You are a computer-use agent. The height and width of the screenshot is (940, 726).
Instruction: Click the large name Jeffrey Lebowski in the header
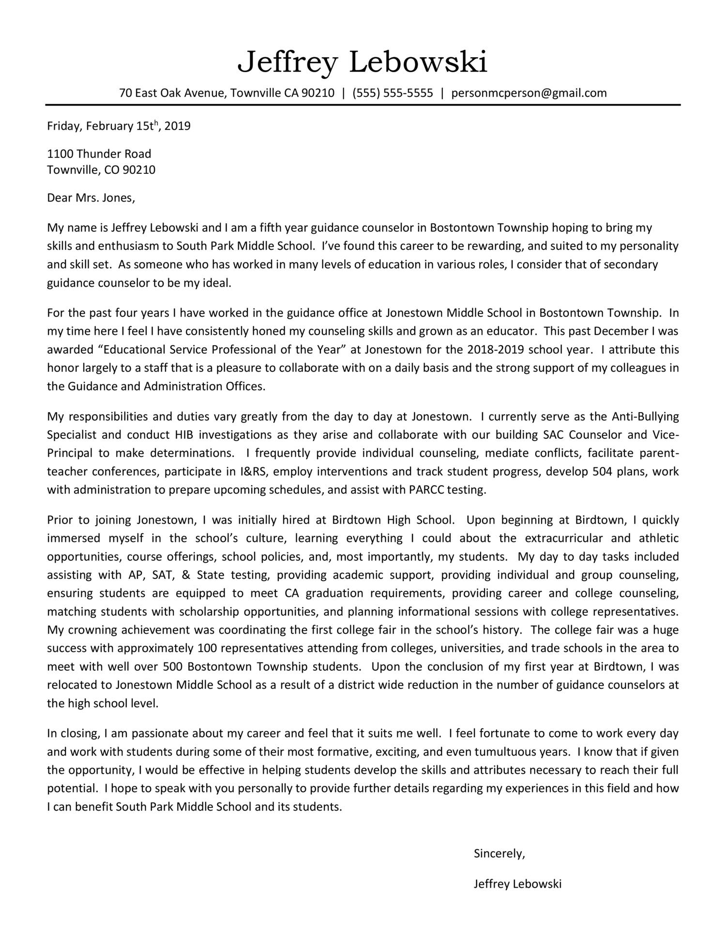[363, 62]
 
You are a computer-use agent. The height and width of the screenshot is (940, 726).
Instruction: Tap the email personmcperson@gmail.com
[529, 93]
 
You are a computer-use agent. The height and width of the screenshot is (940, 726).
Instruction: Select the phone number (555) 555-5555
[393, 93]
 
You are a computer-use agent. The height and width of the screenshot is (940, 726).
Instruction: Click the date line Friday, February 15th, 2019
[119, 126]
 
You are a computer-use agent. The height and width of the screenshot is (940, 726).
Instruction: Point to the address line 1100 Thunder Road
[99, 154]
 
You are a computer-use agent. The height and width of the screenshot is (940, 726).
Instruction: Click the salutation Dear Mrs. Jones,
[91, 198]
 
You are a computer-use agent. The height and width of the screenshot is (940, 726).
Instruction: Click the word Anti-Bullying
[645, 416]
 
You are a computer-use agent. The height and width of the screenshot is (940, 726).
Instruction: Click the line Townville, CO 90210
[101, 170]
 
